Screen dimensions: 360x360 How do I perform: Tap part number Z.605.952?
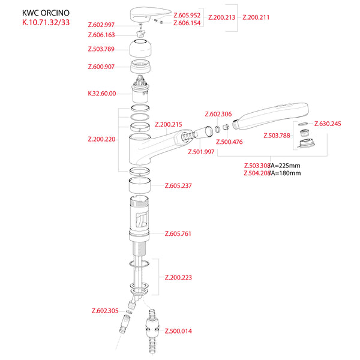point(187,14)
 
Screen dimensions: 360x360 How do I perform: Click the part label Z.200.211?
point(256,17)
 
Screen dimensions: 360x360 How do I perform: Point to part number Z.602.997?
point(101,25)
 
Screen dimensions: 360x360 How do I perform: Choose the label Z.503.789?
point(101,49)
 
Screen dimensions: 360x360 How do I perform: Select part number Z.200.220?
point(101,139)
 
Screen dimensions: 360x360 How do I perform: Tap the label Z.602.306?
point(218,114)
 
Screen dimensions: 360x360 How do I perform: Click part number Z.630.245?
point(328,124)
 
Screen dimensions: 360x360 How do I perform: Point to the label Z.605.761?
point(178,233)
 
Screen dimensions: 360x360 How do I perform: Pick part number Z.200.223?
point(178,277)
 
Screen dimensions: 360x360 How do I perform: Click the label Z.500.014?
point(178,331)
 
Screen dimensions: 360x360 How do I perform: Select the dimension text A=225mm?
point(285,166)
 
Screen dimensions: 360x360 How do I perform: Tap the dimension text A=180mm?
point(285,173)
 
